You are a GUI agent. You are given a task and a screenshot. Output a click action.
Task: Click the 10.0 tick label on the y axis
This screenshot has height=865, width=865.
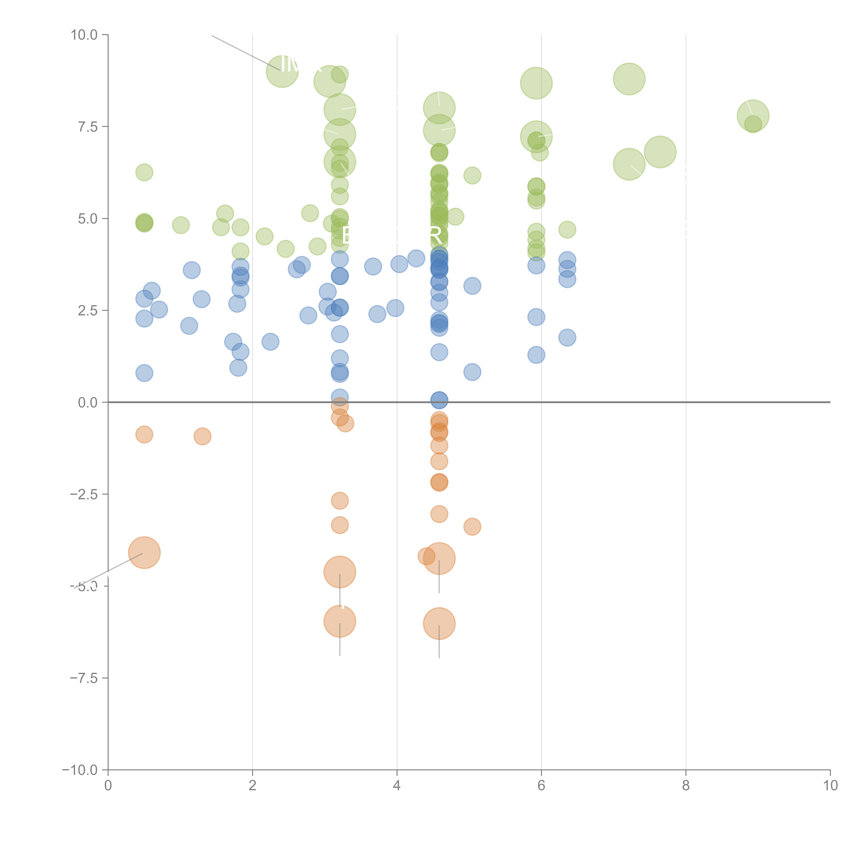[x=84, y=35]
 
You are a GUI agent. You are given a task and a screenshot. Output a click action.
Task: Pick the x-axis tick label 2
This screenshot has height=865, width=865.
[x=253, y=786]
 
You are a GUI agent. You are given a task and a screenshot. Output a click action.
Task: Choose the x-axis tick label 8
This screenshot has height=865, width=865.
[x=686, y=786]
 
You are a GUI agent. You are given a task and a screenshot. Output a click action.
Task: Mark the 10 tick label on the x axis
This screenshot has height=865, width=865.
[x=830, y=786]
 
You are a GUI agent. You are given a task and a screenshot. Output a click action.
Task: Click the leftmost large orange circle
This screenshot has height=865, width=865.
[x=144, y=553]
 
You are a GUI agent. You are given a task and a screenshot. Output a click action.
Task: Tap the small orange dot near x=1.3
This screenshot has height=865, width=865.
[x=202, y=436]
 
